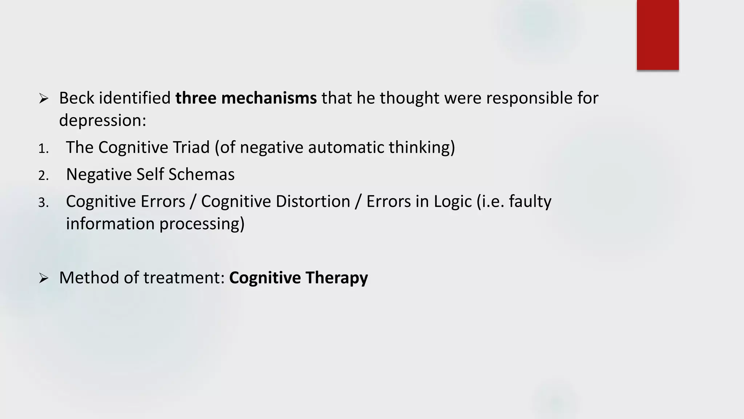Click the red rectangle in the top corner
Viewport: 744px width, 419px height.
[x=658, y=35]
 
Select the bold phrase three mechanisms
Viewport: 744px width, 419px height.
[x=246, y=98]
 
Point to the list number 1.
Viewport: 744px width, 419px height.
[x=43, y=148]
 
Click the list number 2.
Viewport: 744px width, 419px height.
[x=43, y=175]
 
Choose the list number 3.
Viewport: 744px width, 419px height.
[x=43, y=202]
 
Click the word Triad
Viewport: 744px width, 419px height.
[x=191, y=147]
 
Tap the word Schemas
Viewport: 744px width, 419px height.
[x=201, y=174]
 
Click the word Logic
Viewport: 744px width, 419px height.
[x=452, y=201]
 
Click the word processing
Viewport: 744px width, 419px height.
[x=202, y=224]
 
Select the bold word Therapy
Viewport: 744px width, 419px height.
[x=336, y=278]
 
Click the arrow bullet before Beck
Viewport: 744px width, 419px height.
[x=44, y=98]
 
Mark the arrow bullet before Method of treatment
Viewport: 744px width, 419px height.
[x=44, y=278]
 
